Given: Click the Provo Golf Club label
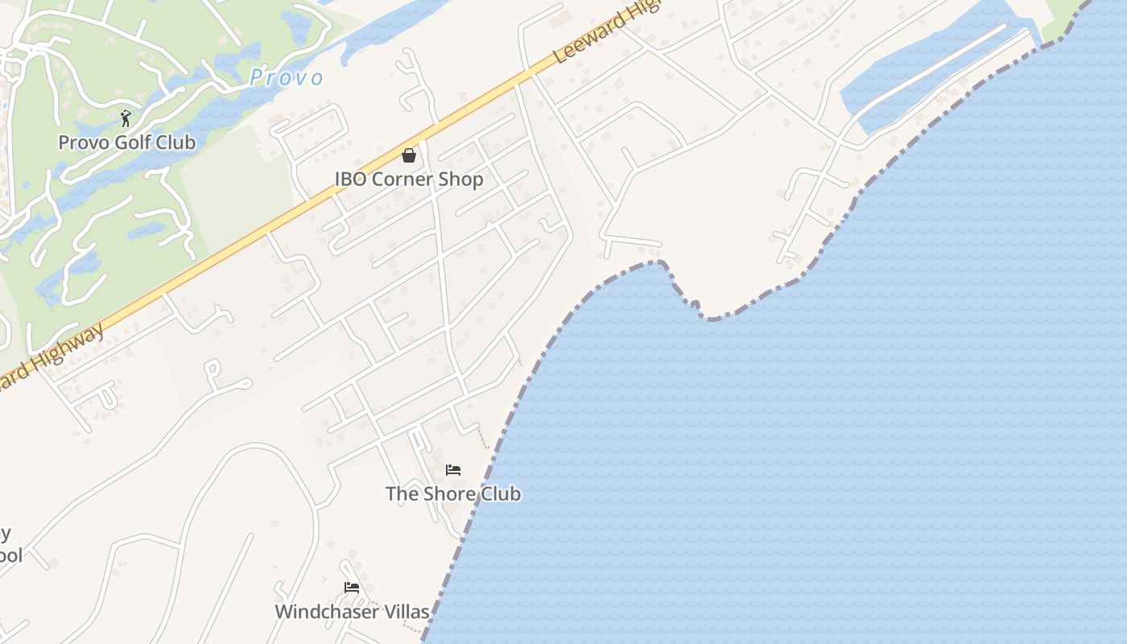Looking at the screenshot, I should (x=126, y=142).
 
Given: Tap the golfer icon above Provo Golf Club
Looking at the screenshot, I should (x=126, y=119).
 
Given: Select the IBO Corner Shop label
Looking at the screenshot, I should (x=409, y=179).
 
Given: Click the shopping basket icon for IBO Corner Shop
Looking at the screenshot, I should (x=409, y=155).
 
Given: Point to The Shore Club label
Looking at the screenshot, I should (x=453, y=493).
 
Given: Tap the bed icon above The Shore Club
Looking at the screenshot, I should (x=453, y=470).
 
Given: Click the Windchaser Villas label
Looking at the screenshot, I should (x=352, y=612).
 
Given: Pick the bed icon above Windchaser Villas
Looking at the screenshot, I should (x=352, y=588).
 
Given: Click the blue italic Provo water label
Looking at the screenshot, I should (x=287, y=78).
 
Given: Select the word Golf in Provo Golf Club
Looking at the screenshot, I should (x=134, y=142).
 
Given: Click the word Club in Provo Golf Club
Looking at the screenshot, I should (x=177, y=142).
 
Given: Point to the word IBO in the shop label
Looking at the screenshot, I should (x=349, y=179).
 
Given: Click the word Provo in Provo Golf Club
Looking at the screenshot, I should (x=81, y=142).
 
